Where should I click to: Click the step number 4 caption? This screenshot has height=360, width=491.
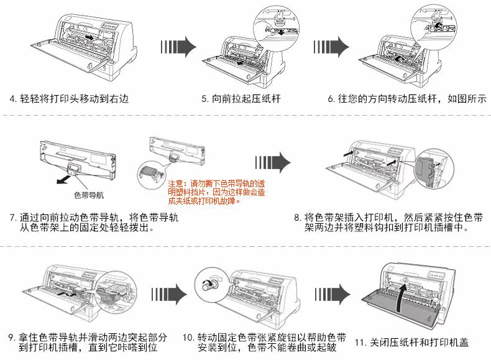coord(68,99)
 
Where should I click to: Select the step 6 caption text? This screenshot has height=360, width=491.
coord(408,99)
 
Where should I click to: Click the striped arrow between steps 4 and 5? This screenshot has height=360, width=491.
coord(178,47)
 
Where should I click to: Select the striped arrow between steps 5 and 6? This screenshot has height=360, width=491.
coord(331,47)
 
